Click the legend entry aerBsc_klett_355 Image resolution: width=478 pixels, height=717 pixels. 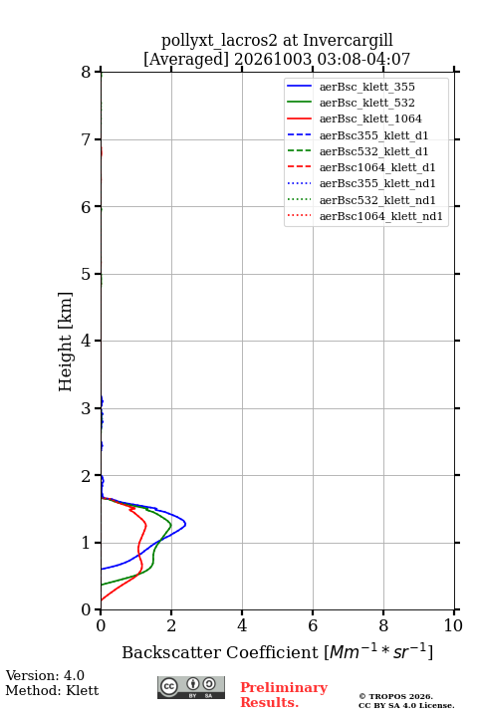coord(351,87)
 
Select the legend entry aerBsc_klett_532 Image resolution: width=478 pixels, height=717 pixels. coord(351,103)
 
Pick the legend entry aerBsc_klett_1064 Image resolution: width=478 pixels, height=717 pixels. coord(355,119)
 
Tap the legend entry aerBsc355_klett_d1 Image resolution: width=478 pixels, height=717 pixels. coord(358,135)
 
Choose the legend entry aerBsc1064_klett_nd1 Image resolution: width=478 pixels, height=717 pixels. coord(364,216)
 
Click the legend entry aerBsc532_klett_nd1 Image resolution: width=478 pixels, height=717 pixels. coord(361,200)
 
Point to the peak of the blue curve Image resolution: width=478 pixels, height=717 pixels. coord(185,524)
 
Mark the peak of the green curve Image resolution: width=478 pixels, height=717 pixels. coord(171,525)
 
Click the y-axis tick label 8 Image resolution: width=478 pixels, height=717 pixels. coord(87,72)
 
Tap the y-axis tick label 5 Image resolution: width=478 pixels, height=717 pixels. coord(87,274)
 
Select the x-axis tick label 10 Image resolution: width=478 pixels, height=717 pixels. coord(453,625)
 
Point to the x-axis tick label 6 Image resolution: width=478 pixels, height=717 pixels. coord(313,625)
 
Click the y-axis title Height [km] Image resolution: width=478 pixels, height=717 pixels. coord(65,342)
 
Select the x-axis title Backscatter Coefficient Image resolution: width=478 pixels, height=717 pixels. coord(220,652)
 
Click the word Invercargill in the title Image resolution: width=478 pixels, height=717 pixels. coord(349,40)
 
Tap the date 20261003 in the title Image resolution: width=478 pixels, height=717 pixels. coord(273,59)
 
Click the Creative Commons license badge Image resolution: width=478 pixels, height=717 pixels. coord(191,687)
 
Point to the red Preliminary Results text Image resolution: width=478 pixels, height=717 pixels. coord(284,695)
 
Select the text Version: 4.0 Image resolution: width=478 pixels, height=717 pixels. coord(45,675)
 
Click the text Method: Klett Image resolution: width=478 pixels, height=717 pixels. coord(52,690)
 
